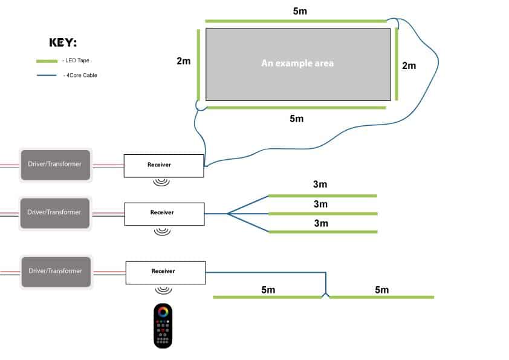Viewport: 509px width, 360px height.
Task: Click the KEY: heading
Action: pos(63,43)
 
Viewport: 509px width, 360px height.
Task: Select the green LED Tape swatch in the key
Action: pos(46,61)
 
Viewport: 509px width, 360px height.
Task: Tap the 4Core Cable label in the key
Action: pos(80,76)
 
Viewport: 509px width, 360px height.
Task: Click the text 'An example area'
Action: pos(297,63)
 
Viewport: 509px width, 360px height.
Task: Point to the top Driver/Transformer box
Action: pos(55,165)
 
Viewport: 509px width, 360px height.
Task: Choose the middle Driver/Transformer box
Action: pos(55,212)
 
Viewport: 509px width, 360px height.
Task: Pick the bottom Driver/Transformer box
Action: pos(55,270)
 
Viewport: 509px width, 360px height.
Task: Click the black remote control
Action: pos(163,326)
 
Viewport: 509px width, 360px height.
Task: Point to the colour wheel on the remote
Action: pos(163,312)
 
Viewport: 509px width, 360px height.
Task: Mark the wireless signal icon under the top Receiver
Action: pos(161,182)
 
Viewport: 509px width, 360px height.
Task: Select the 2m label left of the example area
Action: pos(184,61)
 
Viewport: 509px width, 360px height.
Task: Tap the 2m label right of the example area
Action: pos(409,65)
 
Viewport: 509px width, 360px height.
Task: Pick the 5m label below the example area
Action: pos(296,119)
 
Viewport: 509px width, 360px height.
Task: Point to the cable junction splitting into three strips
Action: pos(228,213)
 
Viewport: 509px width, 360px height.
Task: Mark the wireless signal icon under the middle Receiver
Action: pos(161,231)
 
